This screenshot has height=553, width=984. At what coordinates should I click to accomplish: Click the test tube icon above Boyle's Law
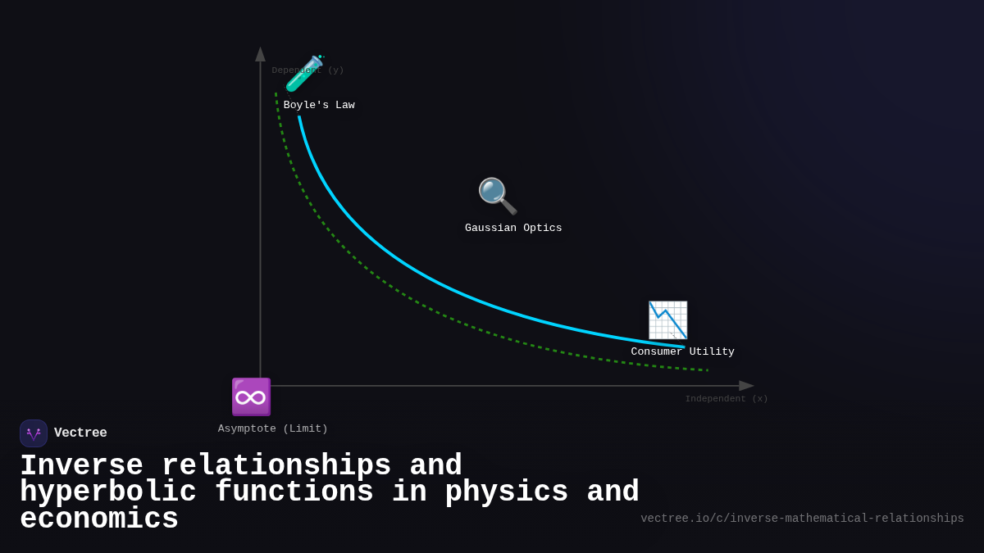[x=304, y=74]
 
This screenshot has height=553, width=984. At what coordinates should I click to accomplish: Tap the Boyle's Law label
[x=319, y=106]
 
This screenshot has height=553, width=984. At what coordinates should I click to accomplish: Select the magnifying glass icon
[x=497, y=196]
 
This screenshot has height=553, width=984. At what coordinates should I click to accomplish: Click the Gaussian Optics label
[x=513, y=229]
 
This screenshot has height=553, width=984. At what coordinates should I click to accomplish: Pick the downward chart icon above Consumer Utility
[x=667, y=320]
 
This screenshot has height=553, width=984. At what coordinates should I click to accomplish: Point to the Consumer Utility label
[x=682, y=352]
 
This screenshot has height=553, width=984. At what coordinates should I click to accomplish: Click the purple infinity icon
[x=251, y=397]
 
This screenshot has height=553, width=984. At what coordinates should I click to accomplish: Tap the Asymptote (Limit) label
[x=273, y=429]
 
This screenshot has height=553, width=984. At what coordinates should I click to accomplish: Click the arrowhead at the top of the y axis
[x=260, y=54]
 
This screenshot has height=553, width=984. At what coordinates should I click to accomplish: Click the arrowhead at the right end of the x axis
[x=746, y=386]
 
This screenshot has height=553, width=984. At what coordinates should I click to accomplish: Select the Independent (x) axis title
[x=727, y=399]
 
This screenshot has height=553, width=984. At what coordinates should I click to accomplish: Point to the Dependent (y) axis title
[x=308, y=70]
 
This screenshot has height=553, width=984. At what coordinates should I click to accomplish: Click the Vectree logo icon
[x=34, y=433]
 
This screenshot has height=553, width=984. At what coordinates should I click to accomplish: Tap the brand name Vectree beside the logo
[x=80, y=433]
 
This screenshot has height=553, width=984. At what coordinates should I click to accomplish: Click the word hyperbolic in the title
[x=108, y=492]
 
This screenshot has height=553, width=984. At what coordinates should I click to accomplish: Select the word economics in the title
[x=99, y=519]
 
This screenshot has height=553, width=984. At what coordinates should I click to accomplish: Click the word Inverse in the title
[x=81, y=465]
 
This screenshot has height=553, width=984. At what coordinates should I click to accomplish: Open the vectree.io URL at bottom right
[x=802, y=519]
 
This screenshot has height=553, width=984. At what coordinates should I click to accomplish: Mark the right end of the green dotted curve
[x=707, y=370]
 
